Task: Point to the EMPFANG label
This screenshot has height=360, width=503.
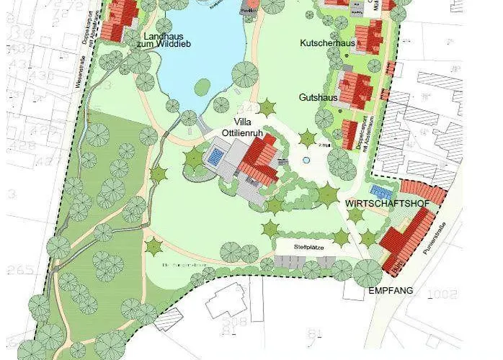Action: (x=390, y=292)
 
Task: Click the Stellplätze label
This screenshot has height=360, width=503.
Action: (x=308, y=247)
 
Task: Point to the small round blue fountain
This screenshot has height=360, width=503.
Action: (x=306, y=160)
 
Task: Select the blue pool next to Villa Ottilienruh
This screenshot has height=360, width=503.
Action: (x=215, y=155)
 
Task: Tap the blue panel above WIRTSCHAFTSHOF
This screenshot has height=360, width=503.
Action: (x=380, y=191)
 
